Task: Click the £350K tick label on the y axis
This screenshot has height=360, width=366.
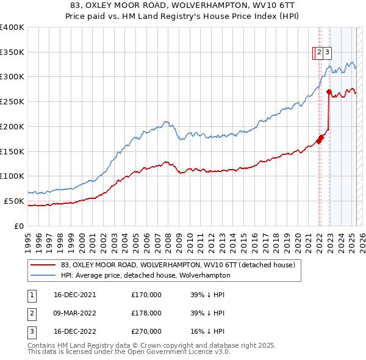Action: tap(12, 52)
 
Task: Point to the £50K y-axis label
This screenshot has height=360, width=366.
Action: tap(15, 201)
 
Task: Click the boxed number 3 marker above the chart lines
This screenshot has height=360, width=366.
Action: tap(327, 52)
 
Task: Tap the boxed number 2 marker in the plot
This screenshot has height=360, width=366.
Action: tap(319, 52)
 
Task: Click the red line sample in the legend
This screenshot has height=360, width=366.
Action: tap(43, 265)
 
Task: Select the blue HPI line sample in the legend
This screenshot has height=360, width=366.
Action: tap(43, 275)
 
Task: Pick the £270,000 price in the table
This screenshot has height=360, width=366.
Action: tap(146, 332)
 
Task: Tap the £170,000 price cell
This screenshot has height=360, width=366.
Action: tap(146, 294)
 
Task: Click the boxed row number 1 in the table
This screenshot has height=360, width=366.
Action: tap(30, 294)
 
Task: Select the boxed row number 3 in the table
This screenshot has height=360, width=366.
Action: tap(30, 332)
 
